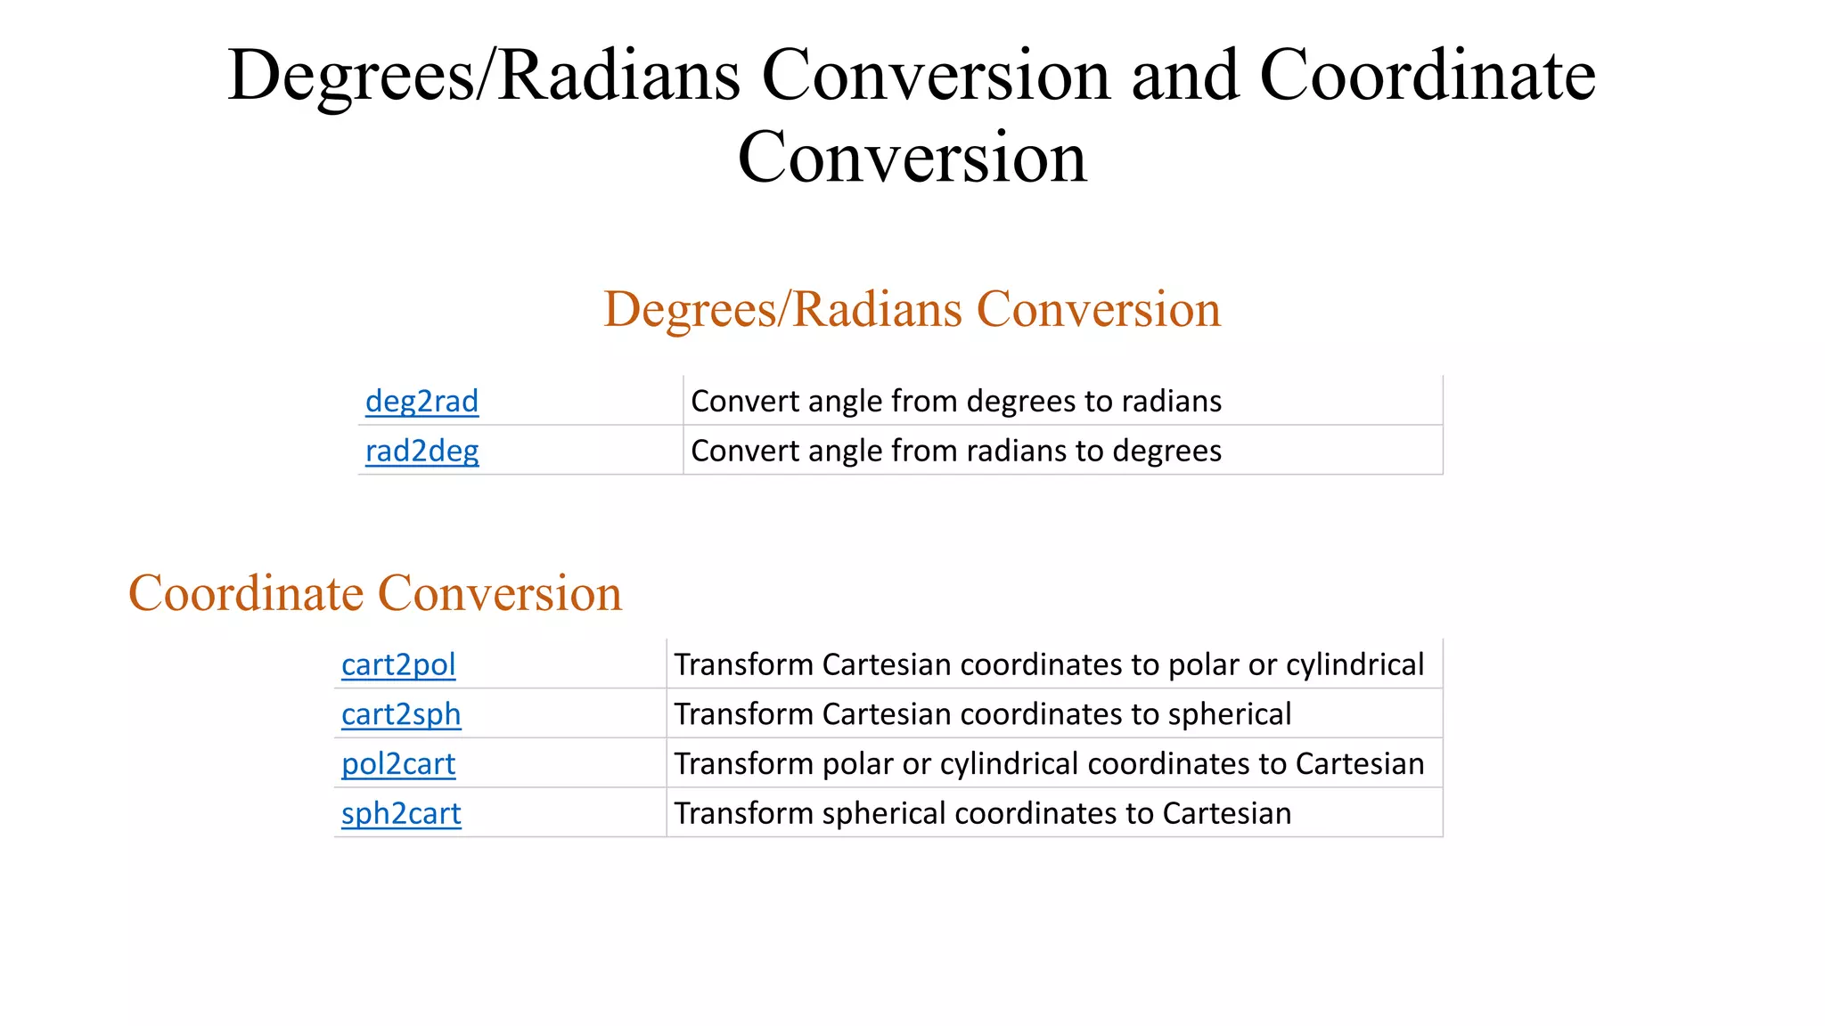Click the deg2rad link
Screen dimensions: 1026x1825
[421, 402]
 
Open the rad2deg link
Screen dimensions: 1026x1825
[421, 452]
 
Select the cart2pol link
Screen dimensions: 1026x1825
[398, 665]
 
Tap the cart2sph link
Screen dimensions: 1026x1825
[401, 715]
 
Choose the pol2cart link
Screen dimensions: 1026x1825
[398, 764]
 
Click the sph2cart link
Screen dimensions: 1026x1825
[401, 814]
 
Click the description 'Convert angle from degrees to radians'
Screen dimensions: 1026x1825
[955, 402]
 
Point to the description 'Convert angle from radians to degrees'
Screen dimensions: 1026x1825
[955, 452]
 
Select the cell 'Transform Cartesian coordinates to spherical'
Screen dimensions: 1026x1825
[982, 715]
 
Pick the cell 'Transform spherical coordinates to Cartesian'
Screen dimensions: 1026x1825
[982, 814]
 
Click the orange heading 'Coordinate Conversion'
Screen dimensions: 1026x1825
[375, 593]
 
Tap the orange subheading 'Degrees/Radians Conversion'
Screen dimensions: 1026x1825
[912, 310]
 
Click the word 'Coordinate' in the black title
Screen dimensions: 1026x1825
[1427, 76]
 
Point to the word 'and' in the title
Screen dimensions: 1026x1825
[1184, 76]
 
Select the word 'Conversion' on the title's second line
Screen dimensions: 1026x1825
[912, 158]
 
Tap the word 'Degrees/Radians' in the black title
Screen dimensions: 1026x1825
[484, 76]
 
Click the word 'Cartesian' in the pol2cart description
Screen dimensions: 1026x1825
[1359, 764]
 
